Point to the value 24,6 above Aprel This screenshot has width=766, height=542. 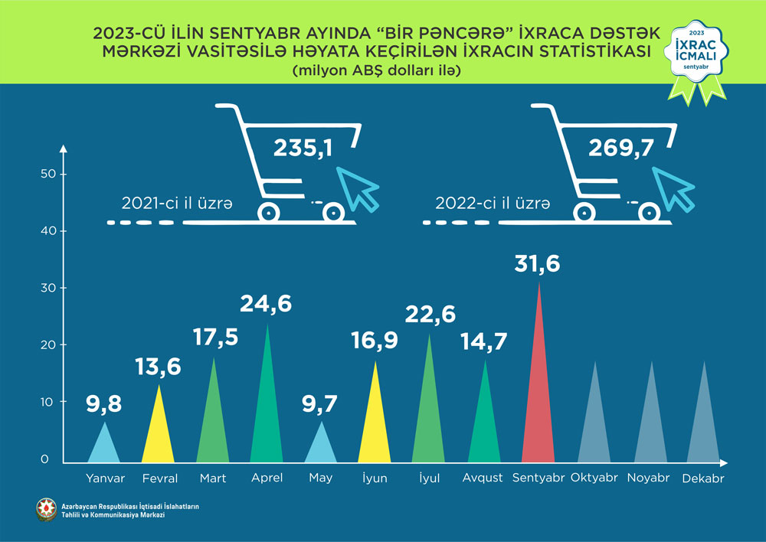coord(267,305)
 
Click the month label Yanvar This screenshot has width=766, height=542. coord(105,478)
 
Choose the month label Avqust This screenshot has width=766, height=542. coord(483,478)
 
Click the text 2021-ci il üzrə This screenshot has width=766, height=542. coord(177,204)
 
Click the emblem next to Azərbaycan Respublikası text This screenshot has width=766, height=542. coord(45,510)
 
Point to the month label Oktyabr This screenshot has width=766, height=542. coord(594,478)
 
